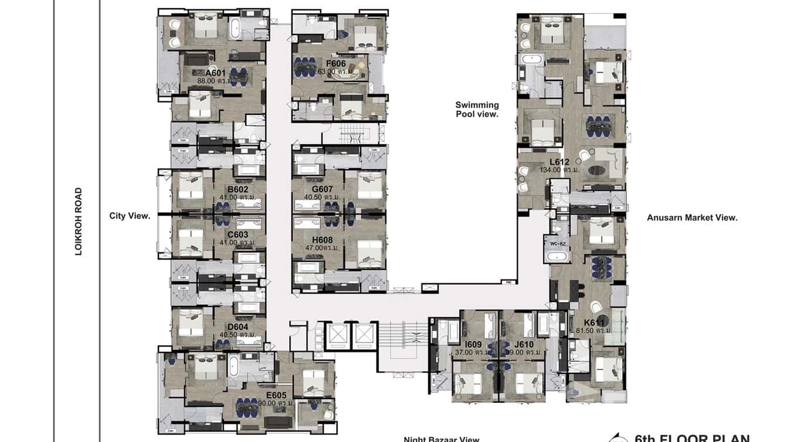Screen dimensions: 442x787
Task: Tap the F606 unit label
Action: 336,63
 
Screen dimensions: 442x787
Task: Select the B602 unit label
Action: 238,189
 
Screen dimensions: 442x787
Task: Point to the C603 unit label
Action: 238,234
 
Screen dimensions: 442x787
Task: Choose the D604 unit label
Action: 238,327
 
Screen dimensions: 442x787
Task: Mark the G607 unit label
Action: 323,189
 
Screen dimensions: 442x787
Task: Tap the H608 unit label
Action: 323,240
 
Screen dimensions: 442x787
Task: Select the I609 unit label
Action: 473,345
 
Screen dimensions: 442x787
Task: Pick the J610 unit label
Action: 524,345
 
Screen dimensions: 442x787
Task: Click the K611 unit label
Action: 594,322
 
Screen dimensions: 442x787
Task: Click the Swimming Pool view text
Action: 477,110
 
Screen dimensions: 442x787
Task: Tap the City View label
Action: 130,216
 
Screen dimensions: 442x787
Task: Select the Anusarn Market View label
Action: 692,217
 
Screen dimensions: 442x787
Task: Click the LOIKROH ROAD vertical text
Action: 78,221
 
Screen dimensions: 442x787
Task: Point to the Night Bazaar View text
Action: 441,438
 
